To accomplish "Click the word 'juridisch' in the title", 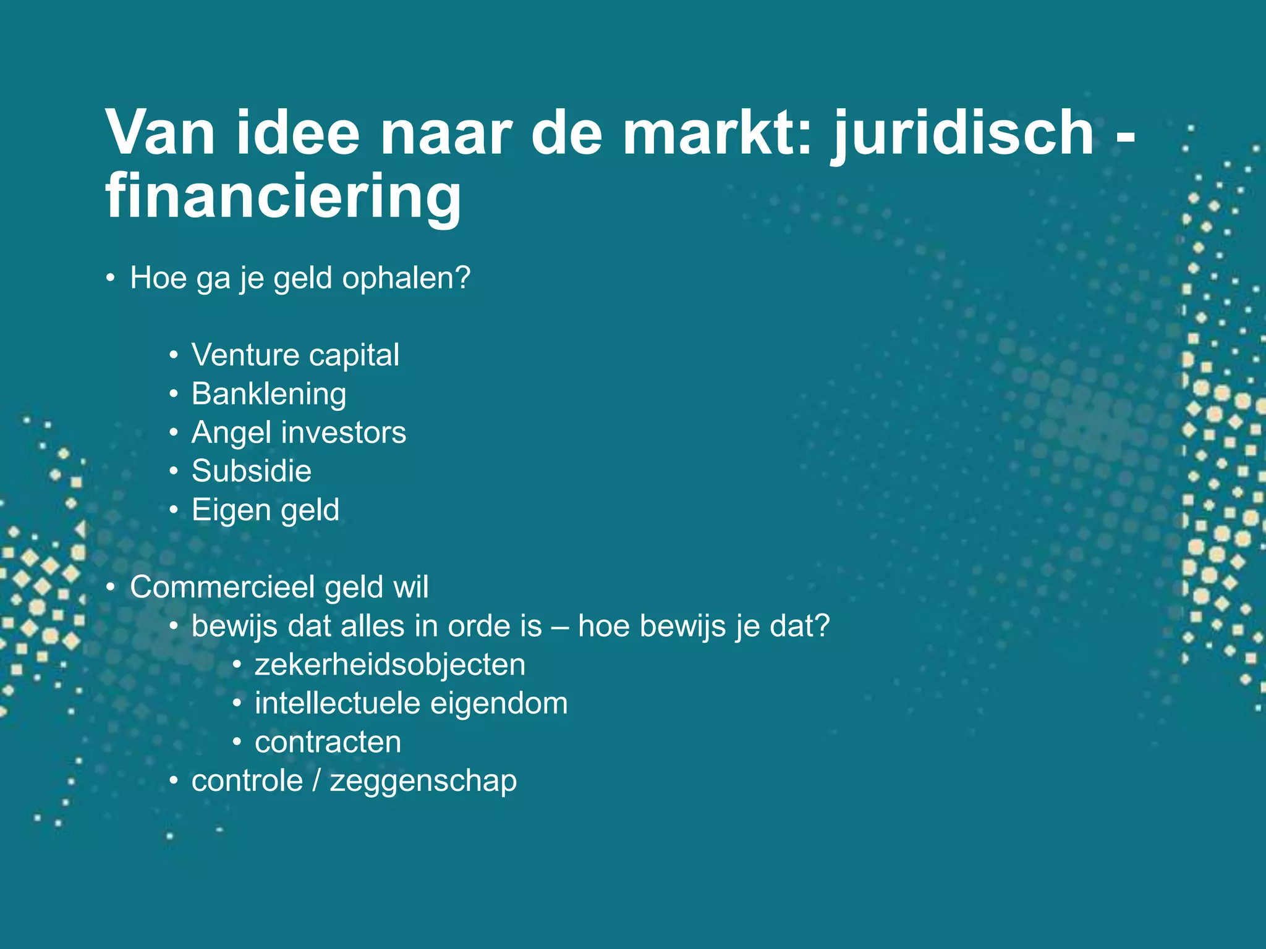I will tap(964, 133).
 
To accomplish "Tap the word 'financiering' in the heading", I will tap(283, 196).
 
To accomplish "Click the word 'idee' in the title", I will tap(297, 133).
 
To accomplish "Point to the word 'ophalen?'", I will tap(406, 278).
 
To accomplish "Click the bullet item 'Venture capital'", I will tap(295, 355).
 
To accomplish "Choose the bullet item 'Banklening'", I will tap(269, 394).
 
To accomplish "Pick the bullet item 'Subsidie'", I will tap(252, 471).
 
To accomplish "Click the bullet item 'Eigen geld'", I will tap(266, 510).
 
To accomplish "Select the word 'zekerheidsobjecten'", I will tap(390, 665).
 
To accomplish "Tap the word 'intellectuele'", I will tap(337, 704).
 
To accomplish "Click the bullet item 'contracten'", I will tap(328, 742).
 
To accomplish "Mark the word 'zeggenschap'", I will tap(423, 782).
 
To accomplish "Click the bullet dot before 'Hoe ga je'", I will tap(110, 279).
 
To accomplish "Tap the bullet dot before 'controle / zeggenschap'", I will tap(174, 782).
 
